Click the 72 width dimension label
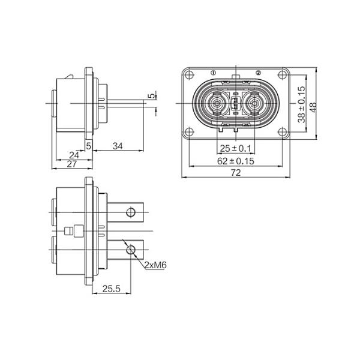[236, 172]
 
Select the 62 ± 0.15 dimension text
[236, 161]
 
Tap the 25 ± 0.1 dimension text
[236, 149]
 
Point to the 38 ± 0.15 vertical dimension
[301, 104]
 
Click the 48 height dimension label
[313, 107]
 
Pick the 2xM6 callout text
[155, 265]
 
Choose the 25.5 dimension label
[112, 289]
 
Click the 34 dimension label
[118, 146]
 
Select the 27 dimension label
[71, 164]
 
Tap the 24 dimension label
[74, 155]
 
